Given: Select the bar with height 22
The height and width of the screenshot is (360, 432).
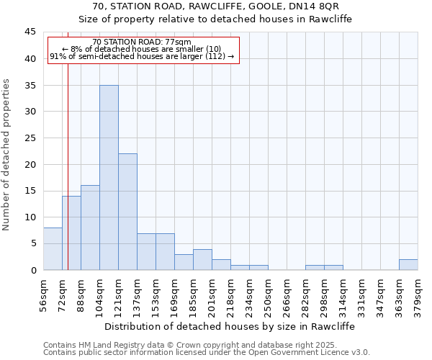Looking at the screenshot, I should pos(127,212).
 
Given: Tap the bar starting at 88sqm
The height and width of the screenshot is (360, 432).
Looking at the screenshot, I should pos(90,228).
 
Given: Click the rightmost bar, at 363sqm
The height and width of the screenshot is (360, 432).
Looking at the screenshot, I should pos(408,264).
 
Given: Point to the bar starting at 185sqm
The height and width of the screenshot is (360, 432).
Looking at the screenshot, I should pos(202,260).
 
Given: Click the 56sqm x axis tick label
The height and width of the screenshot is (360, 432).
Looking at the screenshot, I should pos(43,294).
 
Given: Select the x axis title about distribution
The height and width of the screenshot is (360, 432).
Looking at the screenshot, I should pos(230,326).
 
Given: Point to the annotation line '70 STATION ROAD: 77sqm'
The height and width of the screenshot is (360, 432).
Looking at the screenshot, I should pos(142,42).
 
